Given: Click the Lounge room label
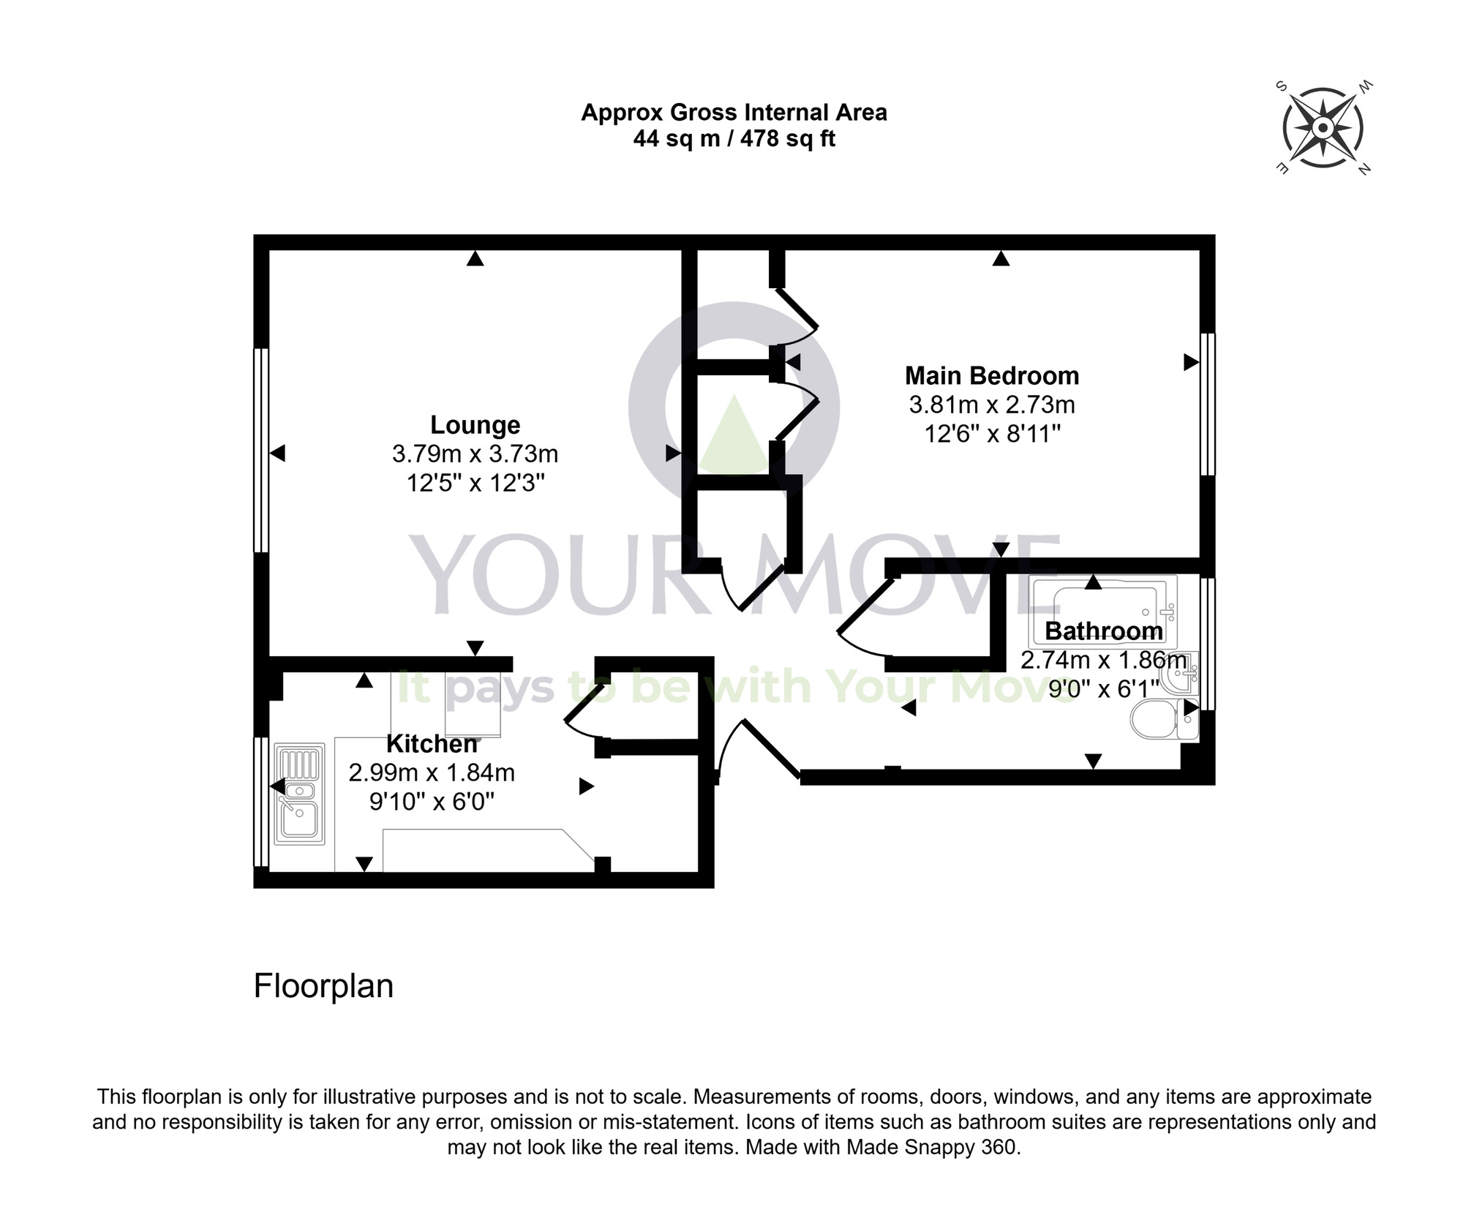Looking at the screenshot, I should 475,425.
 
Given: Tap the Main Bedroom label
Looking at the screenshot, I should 991,376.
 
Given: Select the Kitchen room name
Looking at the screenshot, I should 432,744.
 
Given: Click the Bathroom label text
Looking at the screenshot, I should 1103,631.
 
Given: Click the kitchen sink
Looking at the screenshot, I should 299,794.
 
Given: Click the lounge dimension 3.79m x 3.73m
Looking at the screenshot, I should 475,454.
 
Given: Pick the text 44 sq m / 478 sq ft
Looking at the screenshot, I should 734,139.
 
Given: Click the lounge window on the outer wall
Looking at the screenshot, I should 260,450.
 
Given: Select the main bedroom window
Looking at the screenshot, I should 1208,404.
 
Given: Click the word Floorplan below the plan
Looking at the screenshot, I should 323,986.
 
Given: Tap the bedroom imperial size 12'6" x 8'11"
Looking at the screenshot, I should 992,435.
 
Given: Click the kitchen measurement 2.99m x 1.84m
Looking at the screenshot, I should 432,772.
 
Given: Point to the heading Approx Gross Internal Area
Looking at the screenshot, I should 734,113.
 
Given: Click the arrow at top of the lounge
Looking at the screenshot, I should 475,258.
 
